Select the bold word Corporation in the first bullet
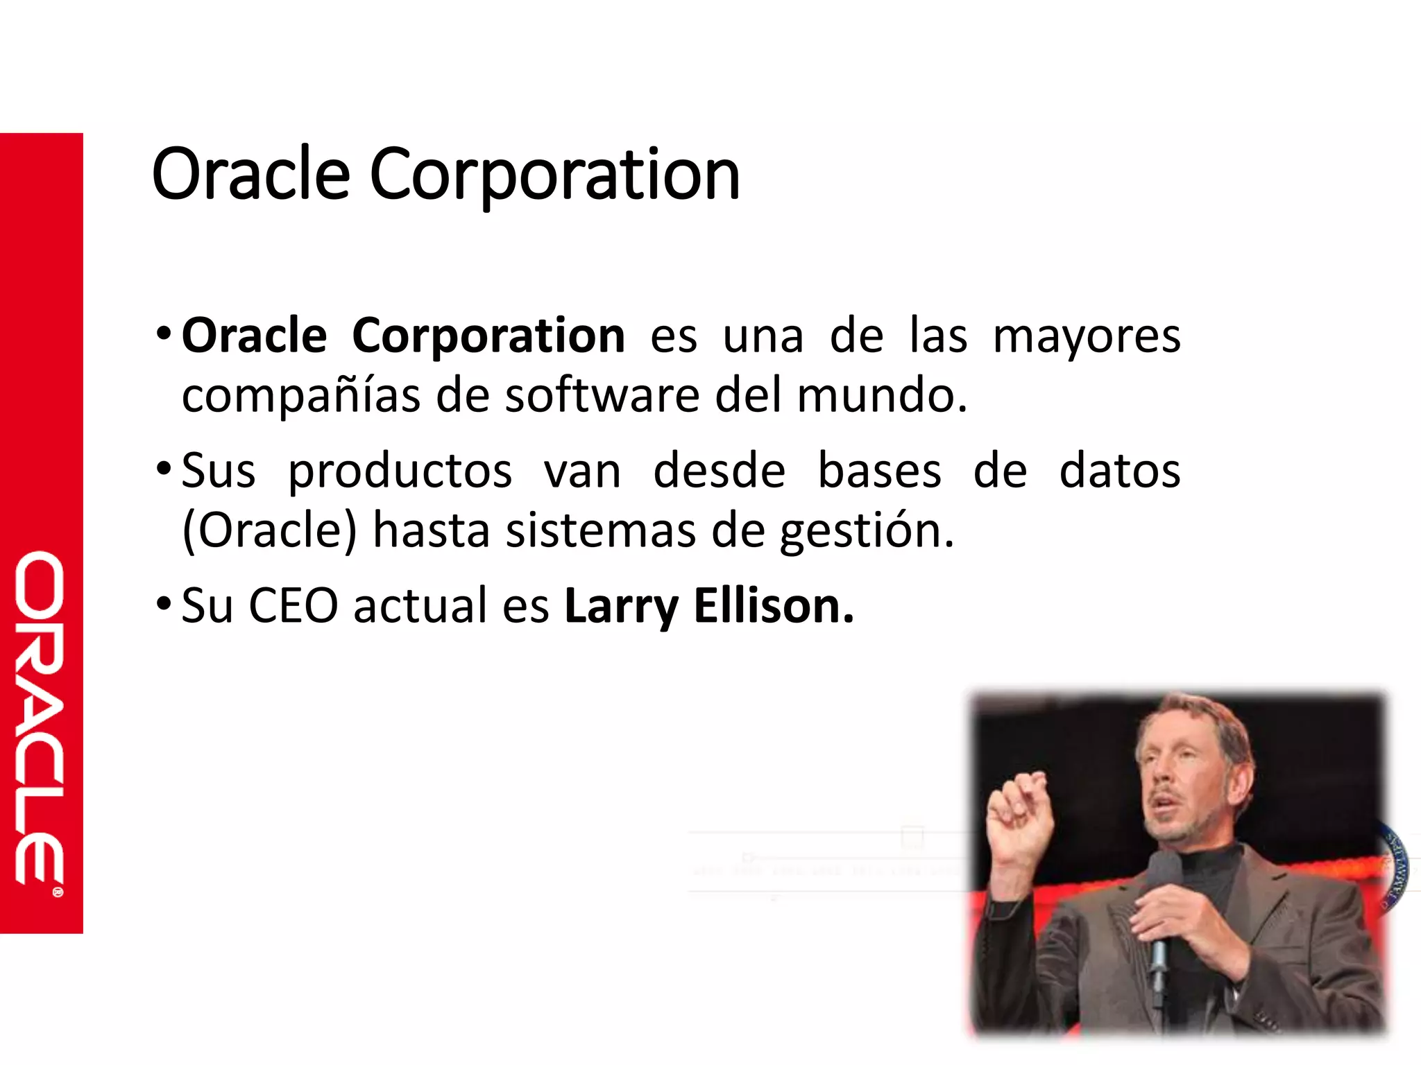(488, 336)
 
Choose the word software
(602, 395)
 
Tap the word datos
(1119, 471)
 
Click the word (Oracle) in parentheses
(269, 530)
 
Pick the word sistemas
(601, 530)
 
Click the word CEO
(293, 605)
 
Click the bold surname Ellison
(774, 605)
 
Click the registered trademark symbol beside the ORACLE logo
(58, 892)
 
